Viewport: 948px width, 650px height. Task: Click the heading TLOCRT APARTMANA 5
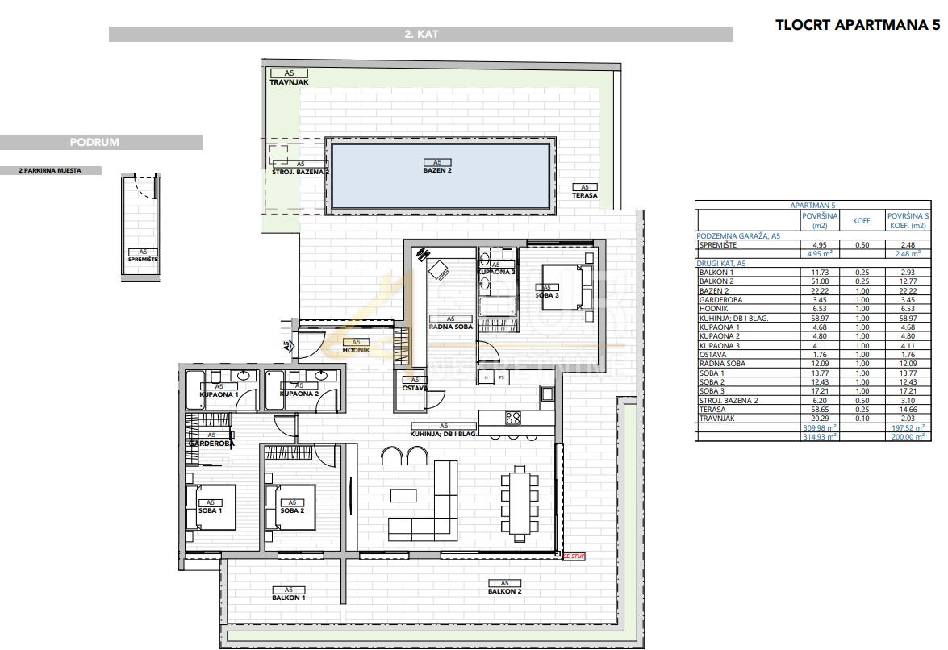(x=858, y=25)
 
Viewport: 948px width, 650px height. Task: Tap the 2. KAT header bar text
(x=420, y=35)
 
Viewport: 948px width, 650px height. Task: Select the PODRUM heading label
(x=94, y=142)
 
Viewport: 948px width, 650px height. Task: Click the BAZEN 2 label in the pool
(x=437, y=171)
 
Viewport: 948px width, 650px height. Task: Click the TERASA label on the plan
(x=585, y=195)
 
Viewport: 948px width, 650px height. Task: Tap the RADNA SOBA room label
(x=450, y=327)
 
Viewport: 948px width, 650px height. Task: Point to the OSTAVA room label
(x=414, y=388)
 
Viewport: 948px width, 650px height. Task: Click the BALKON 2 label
(x=504, y=591)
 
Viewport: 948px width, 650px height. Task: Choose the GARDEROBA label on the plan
(x=211, y=444)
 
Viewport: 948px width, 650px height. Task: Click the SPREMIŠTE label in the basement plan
(x=143, y=259)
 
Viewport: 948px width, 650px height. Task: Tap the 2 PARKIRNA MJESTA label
(x=50, y=171)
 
